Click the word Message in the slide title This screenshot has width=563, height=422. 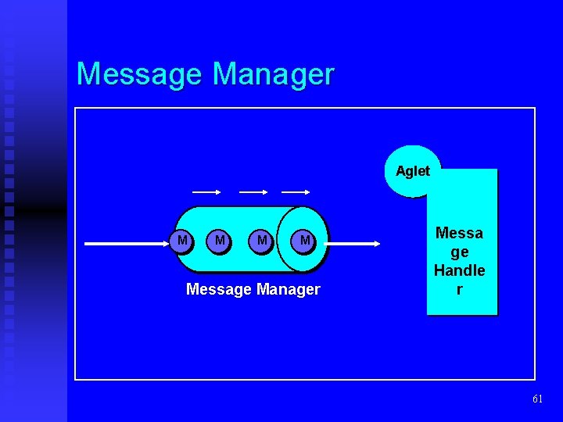[140, 74]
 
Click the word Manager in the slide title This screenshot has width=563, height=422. [273, 74]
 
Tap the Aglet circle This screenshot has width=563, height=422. [412, 171]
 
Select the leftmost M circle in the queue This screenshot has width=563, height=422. [182, 241]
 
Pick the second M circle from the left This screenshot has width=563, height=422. [221, 241]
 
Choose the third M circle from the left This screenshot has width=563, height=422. [262, 241]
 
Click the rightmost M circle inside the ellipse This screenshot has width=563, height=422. [304, 241]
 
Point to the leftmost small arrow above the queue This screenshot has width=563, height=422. [206, 191]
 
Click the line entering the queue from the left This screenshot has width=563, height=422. [125, 244]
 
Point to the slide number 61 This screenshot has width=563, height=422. [537, 399]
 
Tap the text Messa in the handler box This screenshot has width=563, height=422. [459, 233]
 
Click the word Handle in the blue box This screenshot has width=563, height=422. [459, 270]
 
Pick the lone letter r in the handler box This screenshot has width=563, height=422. [459, 289]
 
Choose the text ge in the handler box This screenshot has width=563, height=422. [459, 252]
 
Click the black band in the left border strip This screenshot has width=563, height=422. [34, 209]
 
